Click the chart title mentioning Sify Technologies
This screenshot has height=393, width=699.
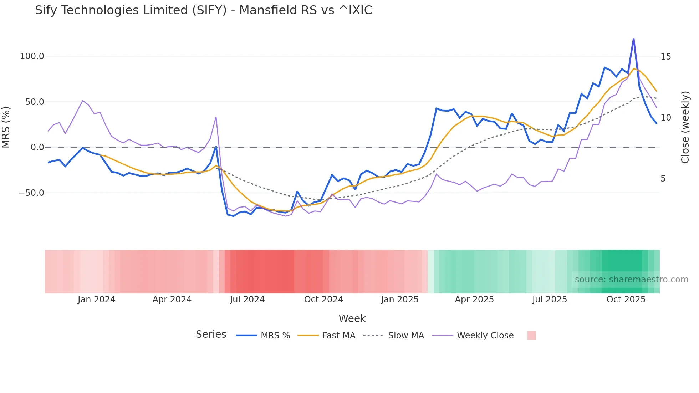point(203,10)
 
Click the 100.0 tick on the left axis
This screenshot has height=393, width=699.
point(32,56)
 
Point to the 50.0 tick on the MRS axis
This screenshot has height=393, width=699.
point(34,102)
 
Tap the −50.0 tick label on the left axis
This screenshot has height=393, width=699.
point(31,193)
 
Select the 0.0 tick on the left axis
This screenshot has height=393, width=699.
point(37,147)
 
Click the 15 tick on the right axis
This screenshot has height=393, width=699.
point(665,57)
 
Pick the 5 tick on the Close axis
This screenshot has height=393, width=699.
point(663,179)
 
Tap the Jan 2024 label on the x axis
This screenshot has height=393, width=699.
point(96,300)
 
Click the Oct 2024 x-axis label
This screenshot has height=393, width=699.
point(323,300)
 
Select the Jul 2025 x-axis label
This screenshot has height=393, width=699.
point(550,300)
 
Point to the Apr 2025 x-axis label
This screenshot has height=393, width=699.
point(474,300)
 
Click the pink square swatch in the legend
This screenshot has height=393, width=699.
point(531,335)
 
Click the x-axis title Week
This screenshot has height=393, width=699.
point(352,318)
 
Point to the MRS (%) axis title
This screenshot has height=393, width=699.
point(6,127)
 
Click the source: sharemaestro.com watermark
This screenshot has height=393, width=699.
point(631,280)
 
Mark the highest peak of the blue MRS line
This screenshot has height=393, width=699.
point(633,39)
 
